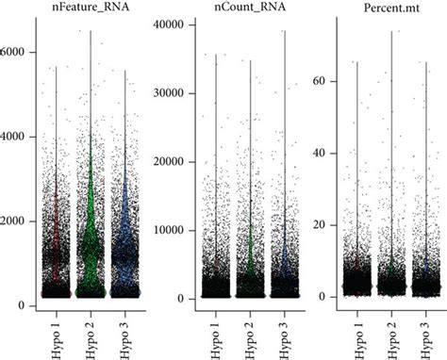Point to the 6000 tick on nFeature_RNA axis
coord(16,52)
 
